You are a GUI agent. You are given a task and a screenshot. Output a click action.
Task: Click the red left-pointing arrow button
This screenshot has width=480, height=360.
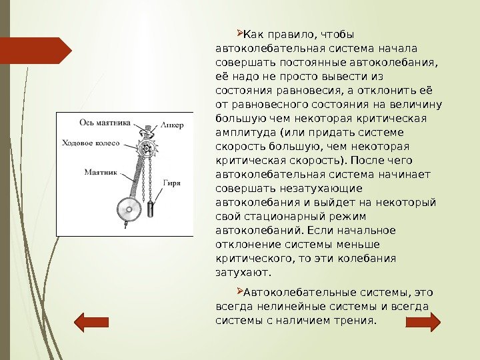(x=90, y=322)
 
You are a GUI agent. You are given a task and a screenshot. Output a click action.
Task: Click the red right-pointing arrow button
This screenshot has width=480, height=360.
(x=423, y=322)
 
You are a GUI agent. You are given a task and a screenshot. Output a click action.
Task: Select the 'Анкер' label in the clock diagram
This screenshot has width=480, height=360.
(x=172, y=125)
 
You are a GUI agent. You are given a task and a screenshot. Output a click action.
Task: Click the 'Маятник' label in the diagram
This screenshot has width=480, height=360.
(x=101, y=171)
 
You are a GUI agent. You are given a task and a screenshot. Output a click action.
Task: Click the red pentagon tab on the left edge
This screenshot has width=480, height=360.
(x=37, y=50)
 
